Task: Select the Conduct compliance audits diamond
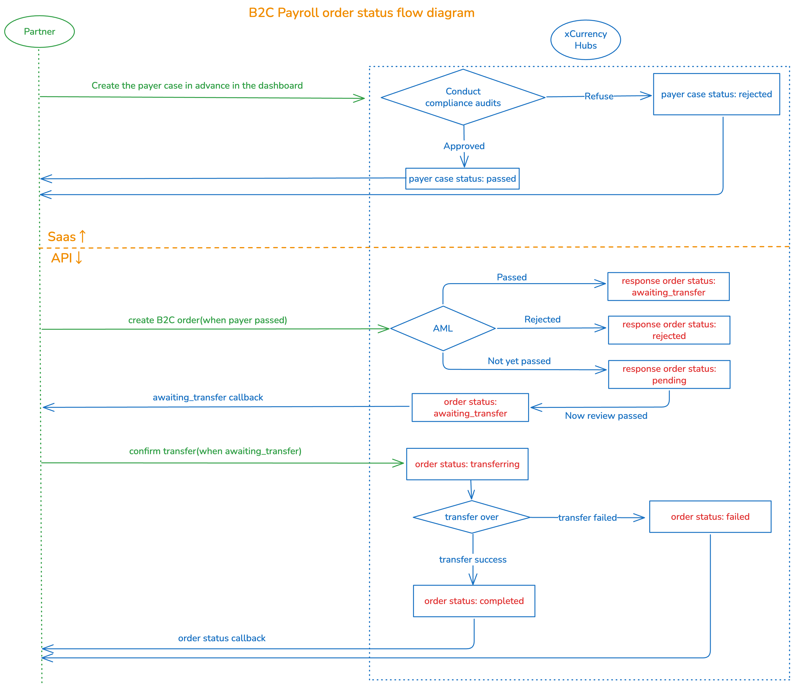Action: (463, 97)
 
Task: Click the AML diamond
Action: (443, 328)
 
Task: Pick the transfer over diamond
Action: (471, 517)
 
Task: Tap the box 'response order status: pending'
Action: (669, 374)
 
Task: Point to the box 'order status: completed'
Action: (474, 601)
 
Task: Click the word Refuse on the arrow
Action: (599, 96)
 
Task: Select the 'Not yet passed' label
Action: (519, 361)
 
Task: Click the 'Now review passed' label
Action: (606, 416)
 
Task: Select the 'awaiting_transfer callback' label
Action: (208, 397)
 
